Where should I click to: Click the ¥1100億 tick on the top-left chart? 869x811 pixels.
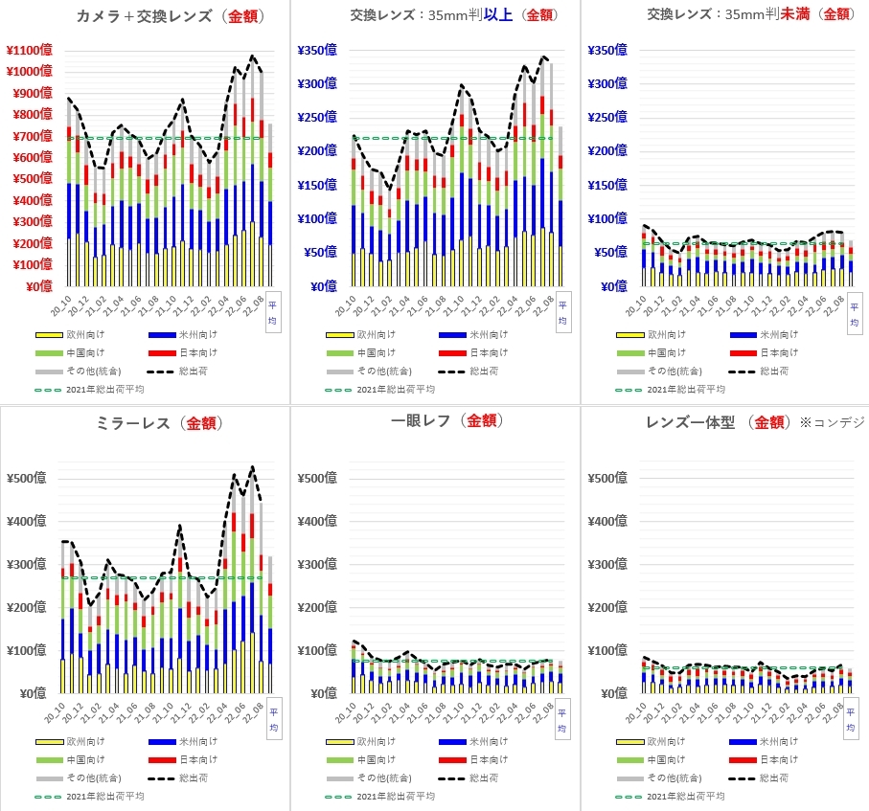click(x=29, y=50)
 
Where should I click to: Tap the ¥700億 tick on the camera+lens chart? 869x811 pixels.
click(x=31, y=136)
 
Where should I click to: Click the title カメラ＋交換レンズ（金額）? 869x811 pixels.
click(x=171, y=16)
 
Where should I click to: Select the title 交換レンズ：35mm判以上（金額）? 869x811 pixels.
click(x=454, y=14)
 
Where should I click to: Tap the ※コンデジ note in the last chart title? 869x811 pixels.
click(x=834, y=422)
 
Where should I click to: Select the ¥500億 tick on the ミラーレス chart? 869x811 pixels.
click(x=28, y=479)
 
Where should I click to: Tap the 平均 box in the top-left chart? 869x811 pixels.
click(x=272, y=308)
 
